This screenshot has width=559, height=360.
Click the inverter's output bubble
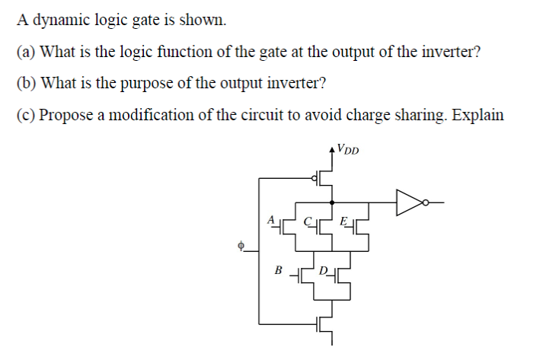click(426, 202)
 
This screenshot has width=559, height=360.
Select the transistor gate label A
click(270, 219)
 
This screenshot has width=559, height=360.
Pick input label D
click(323, 269)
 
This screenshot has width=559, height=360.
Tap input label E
click(344, 220)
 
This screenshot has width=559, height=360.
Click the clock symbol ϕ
click(241, 245)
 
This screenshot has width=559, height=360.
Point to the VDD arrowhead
click(331, 148)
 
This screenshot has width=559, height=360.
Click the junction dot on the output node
click(331, 202)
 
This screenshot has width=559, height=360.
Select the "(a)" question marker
click(25, 53)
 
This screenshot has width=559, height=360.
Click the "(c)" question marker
click(25, 115)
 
